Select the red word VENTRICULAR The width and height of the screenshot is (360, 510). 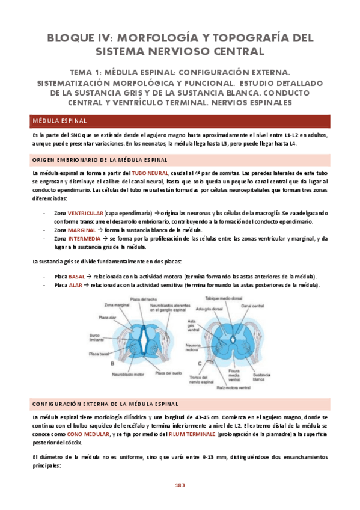85,213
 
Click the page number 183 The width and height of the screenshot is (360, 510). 180,484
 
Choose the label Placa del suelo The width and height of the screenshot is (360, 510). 168,373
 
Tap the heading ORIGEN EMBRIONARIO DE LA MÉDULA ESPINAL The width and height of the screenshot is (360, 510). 100,159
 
